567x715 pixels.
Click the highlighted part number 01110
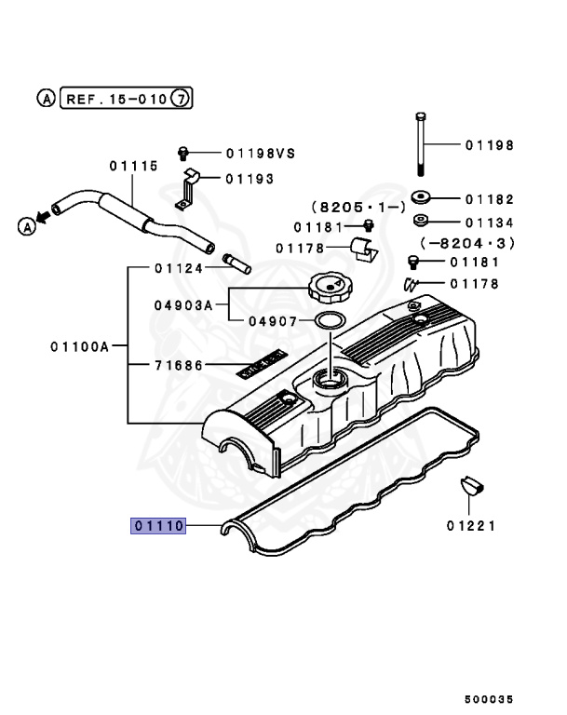(159, 526)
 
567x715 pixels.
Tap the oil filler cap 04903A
(331, 290)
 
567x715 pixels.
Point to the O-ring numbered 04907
(329, 321)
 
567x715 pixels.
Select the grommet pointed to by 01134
(420, 222)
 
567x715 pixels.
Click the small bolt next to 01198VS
(184, 152)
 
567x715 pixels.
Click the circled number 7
(183, 98)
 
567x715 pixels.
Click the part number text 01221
(471, 526)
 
